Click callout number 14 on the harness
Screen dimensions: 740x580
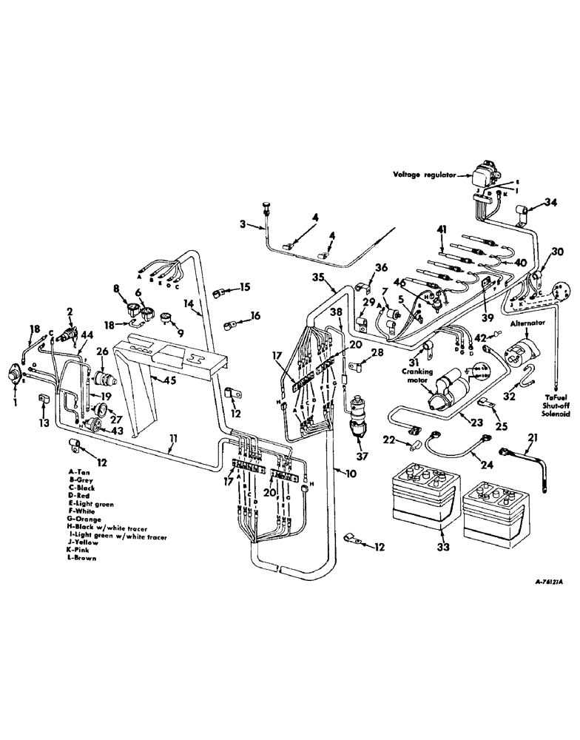tap(189, 303)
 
